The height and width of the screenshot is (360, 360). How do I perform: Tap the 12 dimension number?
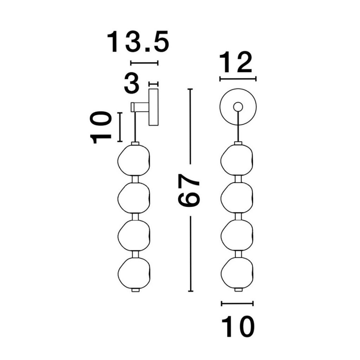tap(236, 62)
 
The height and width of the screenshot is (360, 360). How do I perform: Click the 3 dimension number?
tap(132, 83)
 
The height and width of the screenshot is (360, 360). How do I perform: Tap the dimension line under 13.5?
tap(144, 63)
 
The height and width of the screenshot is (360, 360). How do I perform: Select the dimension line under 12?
tap(238, 79)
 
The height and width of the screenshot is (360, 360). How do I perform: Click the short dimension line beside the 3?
tap(153, 84)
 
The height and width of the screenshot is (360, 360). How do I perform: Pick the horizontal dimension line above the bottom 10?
tap(237, 303)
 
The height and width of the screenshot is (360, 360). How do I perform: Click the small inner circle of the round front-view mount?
tap(238, 107)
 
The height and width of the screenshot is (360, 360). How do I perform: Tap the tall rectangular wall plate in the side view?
tap(153, 107)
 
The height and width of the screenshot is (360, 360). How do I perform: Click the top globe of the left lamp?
tap(134, 160)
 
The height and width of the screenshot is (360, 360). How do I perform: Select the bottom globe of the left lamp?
tap(134, 272)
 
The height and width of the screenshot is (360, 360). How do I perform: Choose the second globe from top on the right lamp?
tap(237, 198)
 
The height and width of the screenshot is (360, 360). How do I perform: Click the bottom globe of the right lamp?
tap(237, 272)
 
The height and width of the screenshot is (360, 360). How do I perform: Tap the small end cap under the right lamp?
tap(238, 290)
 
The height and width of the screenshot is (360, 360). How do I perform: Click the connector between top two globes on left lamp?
tap(135, 179)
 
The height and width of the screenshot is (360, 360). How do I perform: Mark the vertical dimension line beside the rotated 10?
tap(120, 127)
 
